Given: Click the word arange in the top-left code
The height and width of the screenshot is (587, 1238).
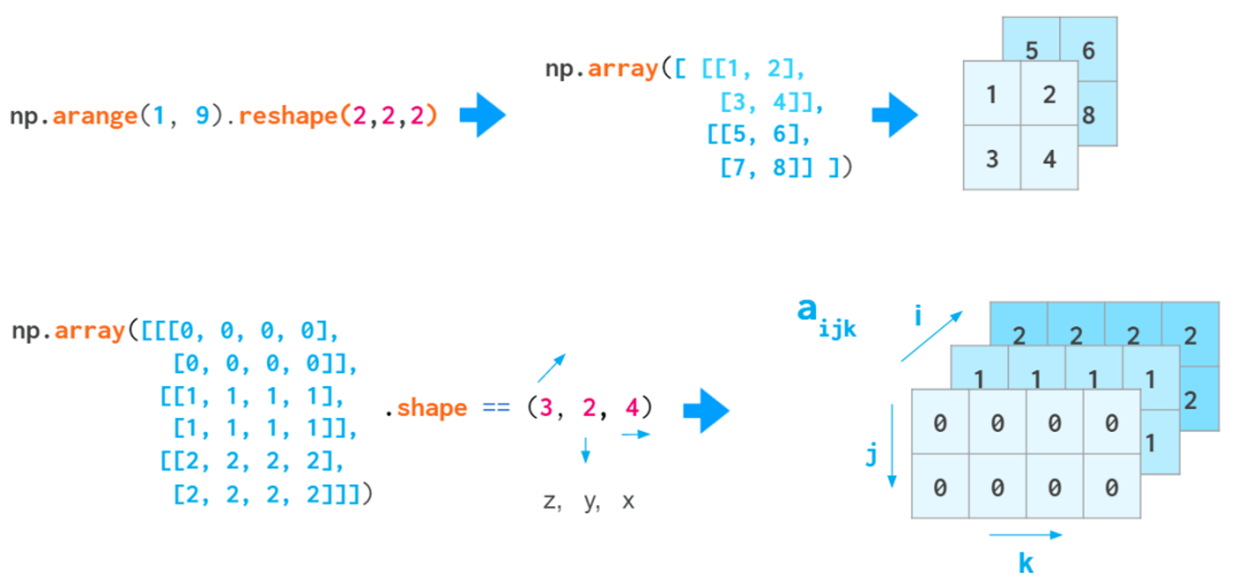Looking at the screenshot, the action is point(95,116).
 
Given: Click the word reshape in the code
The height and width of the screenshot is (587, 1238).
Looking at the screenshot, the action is point(288,116).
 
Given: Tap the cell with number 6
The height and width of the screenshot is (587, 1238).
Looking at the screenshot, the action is point(1088,50).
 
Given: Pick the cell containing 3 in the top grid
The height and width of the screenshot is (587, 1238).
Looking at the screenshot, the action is point(992,159).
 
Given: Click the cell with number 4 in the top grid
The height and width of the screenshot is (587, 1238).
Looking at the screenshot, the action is point(1049,159).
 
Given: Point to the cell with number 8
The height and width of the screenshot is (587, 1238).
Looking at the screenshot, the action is point(1090,115).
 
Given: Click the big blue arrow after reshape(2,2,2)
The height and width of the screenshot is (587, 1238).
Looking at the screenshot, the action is point(483,115).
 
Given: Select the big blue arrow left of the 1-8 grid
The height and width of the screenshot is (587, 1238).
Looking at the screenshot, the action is point(895,115).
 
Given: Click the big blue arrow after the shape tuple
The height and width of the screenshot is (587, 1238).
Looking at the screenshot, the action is point(706,410).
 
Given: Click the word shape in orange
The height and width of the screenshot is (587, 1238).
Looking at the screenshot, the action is point(432,408).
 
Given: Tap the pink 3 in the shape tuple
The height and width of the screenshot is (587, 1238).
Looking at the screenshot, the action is point(546,408).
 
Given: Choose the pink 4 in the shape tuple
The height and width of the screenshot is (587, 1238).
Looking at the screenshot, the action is point(632,408).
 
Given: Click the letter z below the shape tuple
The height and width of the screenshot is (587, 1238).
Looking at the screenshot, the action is point(550,502).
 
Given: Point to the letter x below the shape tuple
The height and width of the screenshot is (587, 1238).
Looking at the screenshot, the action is point(628,502).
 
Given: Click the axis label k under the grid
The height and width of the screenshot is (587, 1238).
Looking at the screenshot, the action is point(1026,563).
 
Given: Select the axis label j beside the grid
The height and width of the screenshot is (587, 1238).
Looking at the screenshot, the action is point(871,455).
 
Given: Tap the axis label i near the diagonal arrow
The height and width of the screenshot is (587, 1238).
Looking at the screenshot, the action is point(918,315).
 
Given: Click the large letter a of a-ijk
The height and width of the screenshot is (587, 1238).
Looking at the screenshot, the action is point(807,310).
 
